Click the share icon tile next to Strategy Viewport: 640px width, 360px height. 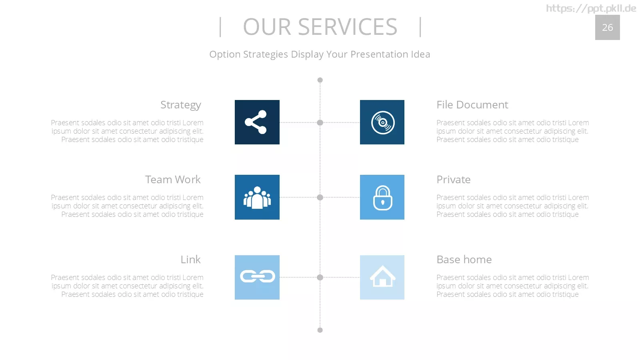point(257,122)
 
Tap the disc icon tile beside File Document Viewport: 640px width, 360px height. point(382,122)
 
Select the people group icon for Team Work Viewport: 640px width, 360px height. point(257,197)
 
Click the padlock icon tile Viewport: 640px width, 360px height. point(382,197)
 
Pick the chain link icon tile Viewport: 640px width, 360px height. point(257,277)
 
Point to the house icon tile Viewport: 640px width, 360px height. point(382,277)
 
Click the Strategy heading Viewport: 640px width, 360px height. point(180,105)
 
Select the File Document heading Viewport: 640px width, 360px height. point(472,104)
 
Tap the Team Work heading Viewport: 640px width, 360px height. point(173,180)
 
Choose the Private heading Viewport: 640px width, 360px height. point(454,180)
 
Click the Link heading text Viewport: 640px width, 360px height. point(190,260)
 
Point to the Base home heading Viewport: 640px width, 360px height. point(464,260)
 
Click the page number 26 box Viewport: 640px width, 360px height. point(608,28)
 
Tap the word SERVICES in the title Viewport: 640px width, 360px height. point(348,27)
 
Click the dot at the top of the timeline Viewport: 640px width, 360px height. point(320,80)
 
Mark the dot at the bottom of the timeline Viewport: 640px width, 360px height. point(320,330)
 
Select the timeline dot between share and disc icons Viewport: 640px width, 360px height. point(320,122)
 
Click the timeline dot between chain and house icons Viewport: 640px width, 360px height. point(320,277)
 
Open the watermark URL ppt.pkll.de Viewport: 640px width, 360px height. point(591,8)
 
